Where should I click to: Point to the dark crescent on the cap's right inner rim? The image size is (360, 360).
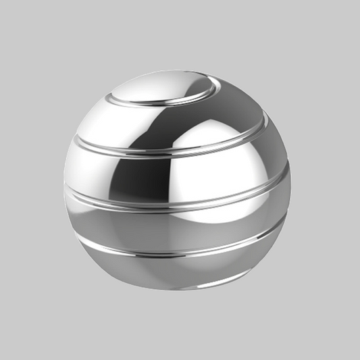click(x=207, y=88)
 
